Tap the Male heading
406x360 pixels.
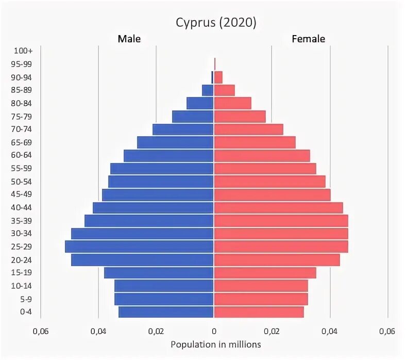[129, 39]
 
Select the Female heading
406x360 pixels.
[308, 39]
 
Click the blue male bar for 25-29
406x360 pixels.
[139, 247]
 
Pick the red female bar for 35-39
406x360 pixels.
[281, 221]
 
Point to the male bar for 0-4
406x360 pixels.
[166, 312]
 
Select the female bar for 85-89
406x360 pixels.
[224, 90]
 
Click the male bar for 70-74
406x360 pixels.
[183, 129]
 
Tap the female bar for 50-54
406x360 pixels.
[269, 182]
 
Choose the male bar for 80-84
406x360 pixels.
[200, 103]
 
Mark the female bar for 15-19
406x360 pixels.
[265, 272]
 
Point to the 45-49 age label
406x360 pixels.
[22, 194]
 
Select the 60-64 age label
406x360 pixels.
[22, 155]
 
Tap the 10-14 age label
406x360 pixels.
[22, 286]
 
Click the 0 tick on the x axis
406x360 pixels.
[214, 332]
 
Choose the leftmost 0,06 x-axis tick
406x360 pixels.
[40, 332]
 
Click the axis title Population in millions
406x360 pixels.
[216, 344]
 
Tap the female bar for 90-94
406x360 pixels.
[218, 77]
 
